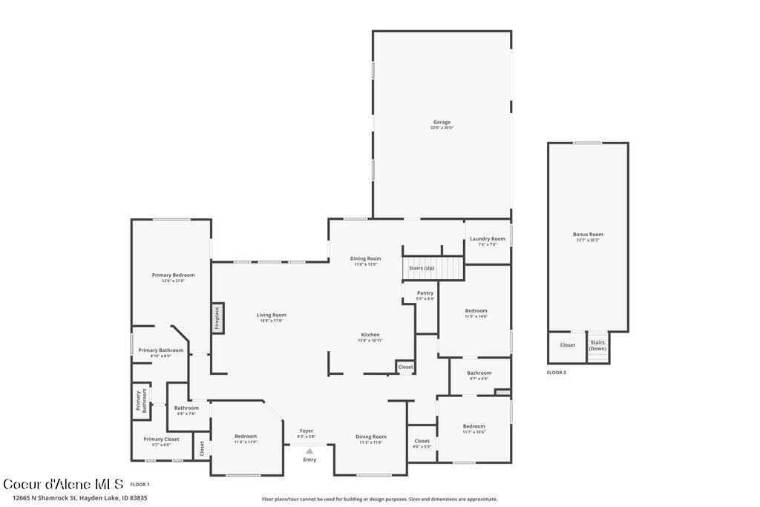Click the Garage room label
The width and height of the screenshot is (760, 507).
click(442, 122)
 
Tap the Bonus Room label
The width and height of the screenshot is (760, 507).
click(588, 235)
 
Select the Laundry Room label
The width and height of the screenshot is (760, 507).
click(487, 239)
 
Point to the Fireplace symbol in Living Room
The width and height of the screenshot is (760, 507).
click(217, 318)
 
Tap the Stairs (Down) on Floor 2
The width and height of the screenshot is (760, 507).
click(597, 346)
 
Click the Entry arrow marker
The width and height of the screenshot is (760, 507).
click(309, 451)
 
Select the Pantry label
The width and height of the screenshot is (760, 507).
click(425, 293)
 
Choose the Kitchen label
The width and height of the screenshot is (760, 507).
click(370, 335)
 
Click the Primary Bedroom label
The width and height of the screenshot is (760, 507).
click(173, 275)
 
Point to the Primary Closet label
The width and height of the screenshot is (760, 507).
click(161, 439)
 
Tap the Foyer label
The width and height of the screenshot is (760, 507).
click(307, 431)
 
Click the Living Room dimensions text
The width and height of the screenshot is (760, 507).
click(272, 321)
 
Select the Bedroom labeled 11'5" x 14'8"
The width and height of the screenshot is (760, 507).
click(476, 311)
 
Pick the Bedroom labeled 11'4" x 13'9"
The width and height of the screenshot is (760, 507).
click(246, 436)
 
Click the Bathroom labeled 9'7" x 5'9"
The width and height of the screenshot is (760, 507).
click(479, 373)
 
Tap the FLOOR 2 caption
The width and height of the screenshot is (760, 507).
click(557, 373)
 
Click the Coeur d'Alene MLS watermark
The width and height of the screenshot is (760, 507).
click(62, 484)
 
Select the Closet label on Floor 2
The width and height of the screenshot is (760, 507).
click(567, 345)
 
